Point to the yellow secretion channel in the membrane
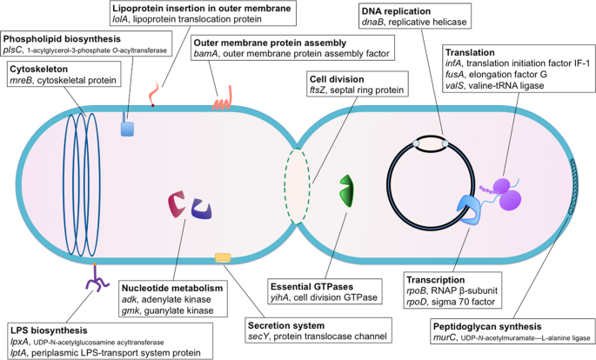pyautogui.click(x=223, y=257)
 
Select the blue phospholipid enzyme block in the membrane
pyautogui.click(x=128, y=129)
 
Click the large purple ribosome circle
pyautogui.click(x=508, y=197)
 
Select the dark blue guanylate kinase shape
pyautogui.click(x=202, y=209)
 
